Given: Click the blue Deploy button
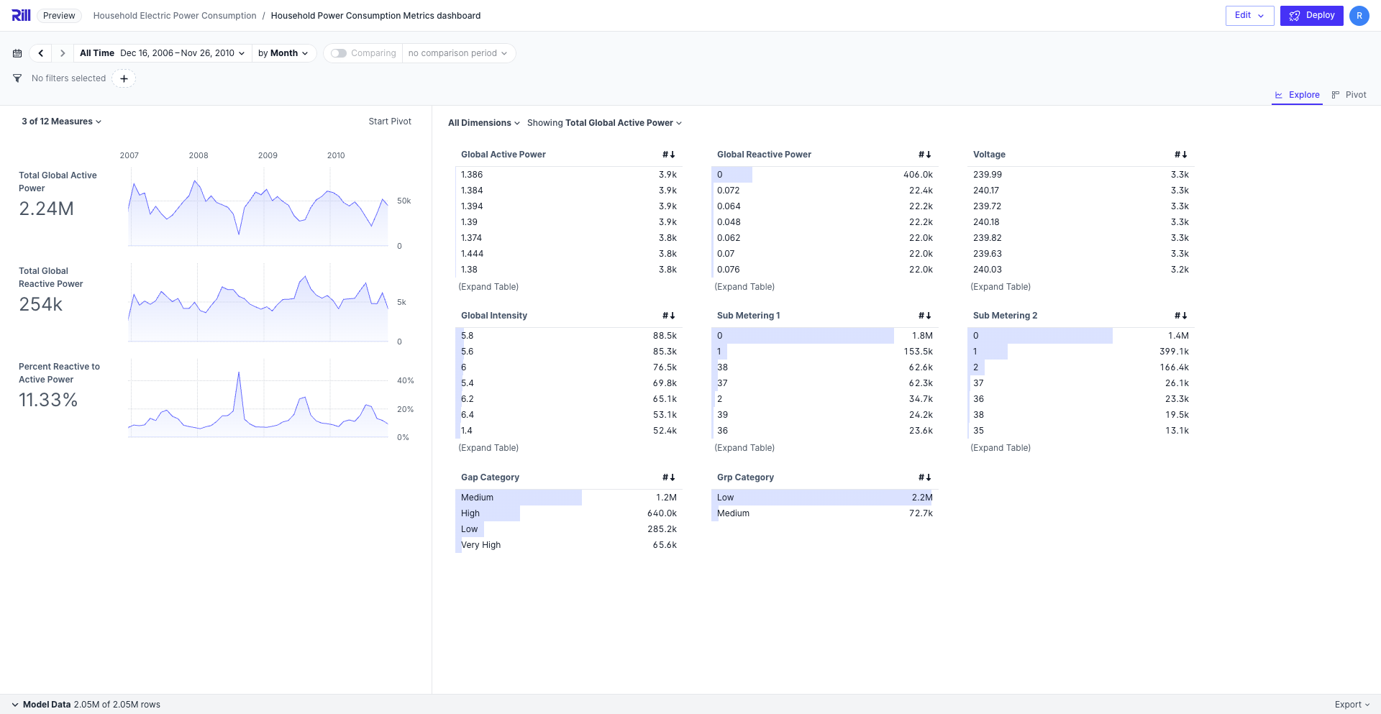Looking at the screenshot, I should (1311, 15).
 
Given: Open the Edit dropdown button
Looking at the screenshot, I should (1249, 15).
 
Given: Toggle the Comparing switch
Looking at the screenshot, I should (339, 53).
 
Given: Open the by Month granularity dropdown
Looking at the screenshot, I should (283, 53).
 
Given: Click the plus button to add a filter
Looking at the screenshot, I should (124, 78).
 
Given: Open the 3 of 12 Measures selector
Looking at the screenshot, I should (61, 122).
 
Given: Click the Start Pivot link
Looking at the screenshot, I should (390, 122).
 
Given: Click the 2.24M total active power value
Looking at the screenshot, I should (46, 209).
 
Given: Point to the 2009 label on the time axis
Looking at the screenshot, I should (268, 155).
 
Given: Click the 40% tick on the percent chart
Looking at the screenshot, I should (405, 380).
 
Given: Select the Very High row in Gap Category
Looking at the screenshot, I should (480, 545).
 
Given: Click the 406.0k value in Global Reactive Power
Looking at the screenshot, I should (918, 175).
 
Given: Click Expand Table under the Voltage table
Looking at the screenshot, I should (1000, 287).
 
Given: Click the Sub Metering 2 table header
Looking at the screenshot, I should (1005, 316).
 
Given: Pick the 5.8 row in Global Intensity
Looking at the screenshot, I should (468, 336).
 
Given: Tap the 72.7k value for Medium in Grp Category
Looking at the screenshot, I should (921, 513).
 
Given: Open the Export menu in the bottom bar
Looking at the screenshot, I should (1352, 705).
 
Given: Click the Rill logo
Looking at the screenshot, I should (21, 15).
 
